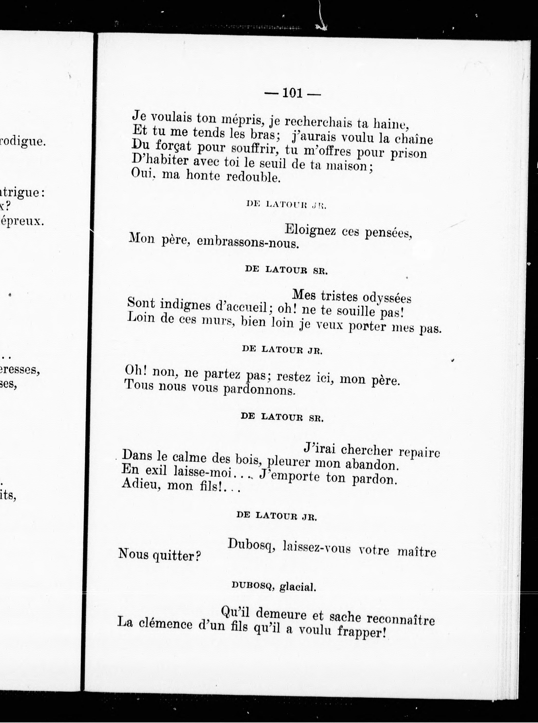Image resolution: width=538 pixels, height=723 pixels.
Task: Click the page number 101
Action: click(293, 94)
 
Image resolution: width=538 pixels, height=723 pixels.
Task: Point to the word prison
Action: click(409, 153)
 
